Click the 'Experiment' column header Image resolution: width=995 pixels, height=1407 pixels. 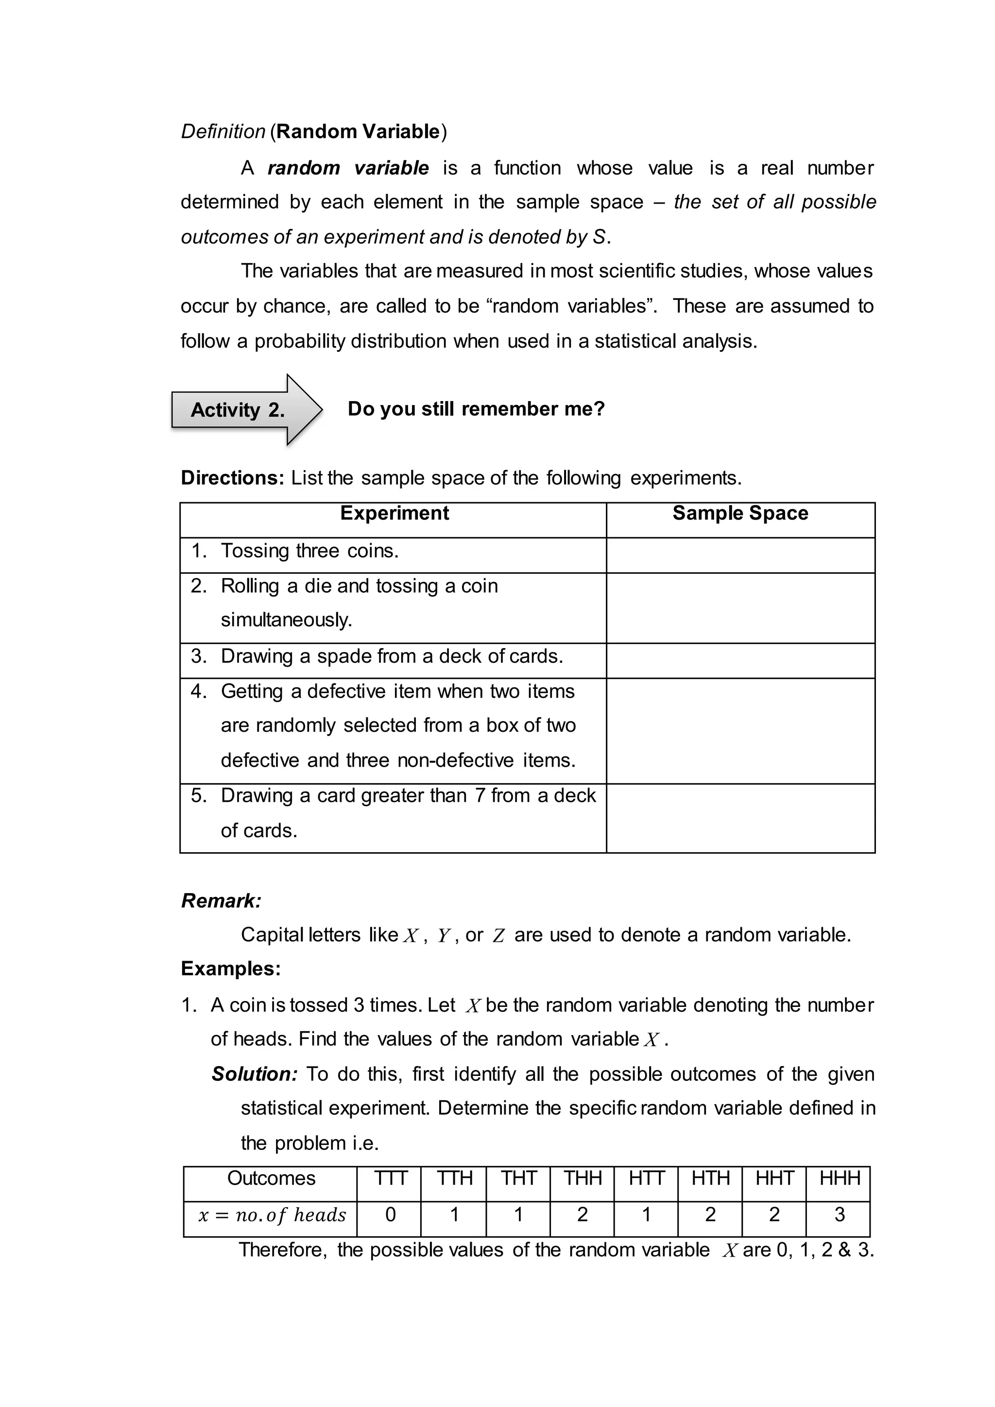[394, 513]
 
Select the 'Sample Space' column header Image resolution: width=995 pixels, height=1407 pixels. [739, 513]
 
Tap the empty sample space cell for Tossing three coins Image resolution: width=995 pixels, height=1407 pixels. [739, 555]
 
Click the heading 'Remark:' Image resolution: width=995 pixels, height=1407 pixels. [221, 900]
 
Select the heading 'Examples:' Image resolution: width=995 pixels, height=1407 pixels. [230, 968]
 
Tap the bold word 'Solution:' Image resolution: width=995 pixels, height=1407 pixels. [254, 1074]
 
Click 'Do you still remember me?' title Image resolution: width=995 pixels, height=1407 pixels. [476, 409]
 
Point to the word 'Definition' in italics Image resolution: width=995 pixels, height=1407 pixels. [223, 131]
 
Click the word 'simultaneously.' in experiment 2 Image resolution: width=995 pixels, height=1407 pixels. [286, 620]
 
